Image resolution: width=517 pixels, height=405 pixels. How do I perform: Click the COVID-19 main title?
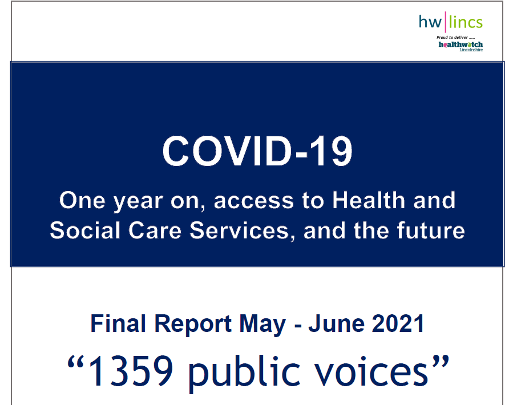(x=257, y=151)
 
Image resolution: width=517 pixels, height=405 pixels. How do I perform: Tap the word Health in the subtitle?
(x=368, y=200)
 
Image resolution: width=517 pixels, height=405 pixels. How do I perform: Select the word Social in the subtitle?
(x=84, y=230)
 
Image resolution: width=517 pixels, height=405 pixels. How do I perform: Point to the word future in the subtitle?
(x=431, y=230)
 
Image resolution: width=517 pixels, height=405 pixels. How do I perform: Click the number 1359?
(x=130, y=371)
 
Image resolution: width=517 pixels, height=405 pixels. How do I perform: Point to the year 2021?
(x=398, y=323)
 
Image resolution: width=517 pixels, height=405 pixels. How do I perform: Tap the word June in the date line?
(x=336, y=323)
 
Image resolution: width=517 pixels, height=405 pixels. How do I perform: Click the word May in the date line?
(x=262, y=325)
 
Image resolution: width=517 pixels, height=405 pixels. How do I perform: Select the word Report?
(x=193, y=325)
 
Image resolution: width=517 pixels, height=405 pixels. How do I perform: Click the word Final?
(x=118, y=323)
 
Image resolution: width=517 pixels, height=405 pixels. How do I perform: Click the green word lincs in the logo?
(x=466, y=22)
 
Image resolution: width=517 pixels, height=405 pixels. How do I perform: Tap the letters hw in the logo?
(x=430, y=22)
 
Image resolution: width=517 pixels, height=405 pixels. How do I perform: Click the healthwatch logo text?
(x=461, y=44)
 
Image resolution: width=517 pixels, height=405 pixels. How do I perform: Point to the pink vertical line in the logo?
(x=446, y=22)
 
